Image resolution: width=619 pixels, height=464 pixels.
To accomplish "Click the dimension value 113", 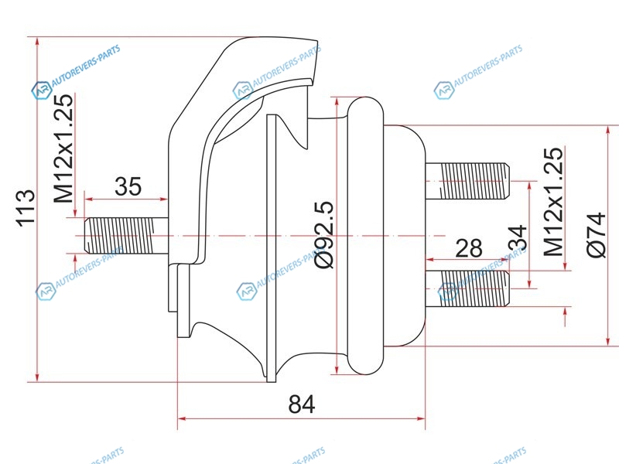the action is point(26,208).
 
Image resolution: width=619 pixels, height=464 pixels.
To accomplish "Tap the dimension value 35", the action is point(128,186).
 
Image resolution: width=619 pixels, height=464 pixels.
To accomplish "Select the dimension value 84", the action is point(302,404).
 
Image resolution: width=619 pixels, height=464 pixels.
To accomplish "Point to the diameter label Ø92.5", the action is point(324,235).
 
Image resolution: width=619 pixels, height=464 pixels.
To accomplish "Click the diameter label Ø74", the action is point(596,235).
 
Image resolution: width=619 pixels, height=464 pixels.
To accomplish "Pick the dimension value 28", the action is point(469,248).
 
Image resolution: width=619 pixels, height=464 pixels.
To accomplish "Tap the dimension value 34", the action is point(518,239).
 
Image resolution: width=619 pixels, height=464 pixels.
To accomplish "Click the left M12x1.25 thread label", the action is point(63,148).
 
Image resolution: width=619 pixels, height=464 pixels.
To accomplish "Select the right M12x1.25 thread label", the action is point(553,202).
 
